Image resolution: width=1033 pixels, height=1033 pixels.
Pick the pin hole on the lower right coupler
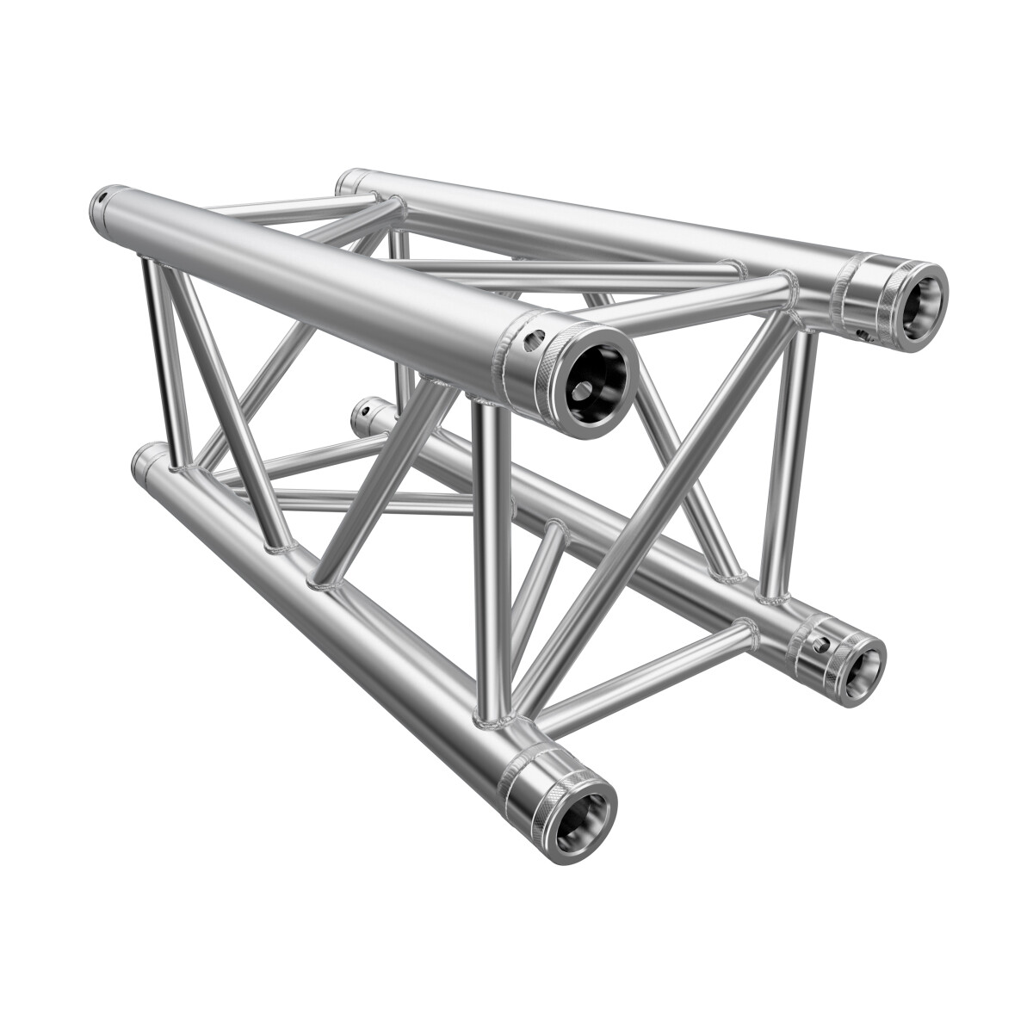click(x=819, y=643)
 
